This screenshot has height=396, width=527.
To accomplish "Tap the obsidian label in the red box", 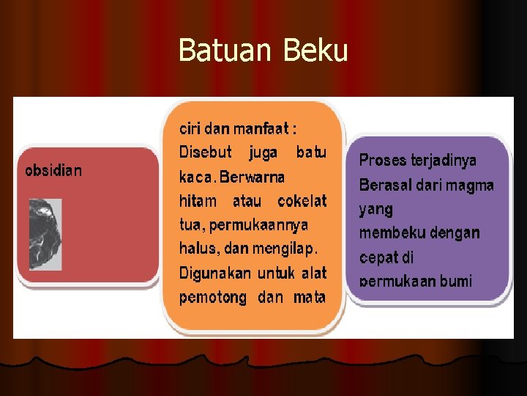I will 53,171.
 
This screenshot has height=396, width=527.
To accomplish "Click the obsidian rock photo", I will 45,234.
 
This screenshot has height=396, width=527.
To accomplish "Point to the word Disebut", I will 205,153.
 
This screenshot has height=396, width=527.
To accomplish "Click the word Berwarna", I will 252,177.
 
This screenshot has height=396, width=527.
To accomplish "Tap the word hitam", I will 198,201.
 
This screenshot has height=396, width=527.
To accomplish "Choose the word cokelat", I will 302,201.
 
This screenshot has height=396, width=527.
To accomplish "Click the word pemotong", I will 212,297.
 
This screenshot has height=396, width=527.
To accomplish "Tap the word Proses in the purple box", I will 383,160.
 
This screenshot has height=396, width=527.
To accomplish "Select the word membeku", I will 387,233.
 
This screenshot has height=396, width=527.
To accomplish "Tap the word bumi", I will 457,281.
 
